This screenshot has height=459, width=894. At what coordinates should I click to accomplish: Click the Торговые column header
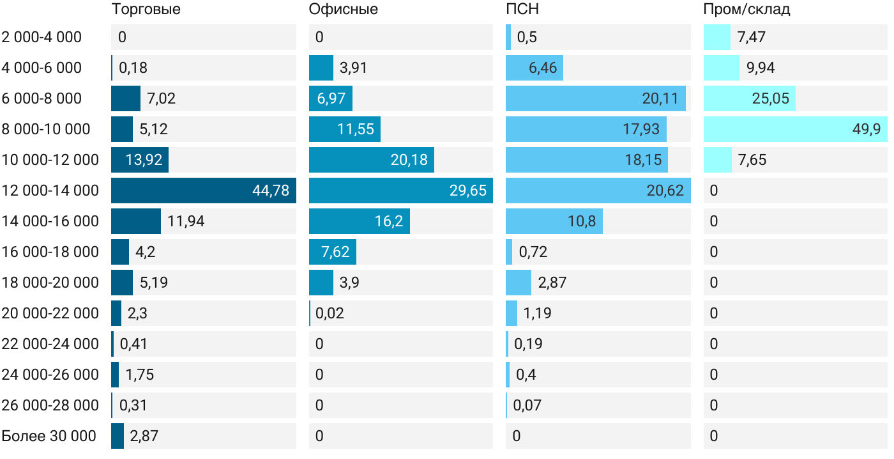point(146,9)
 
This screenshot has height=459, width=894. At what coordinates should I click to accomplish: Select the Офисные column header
point(343,9)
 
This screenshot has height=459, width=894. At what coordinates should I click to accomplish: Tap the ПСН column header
point(518,9)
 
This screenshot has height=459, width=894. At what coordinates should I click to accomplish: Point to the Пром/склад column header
point(746,9)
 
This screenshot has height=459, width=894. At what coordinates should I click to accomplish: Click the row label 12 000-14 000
point(50,191)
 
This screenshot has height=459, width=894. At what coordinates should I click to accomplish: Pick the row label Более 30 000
point(49,436)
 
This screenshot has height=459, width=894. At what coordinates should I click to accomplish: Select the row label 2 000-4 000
point(42,37)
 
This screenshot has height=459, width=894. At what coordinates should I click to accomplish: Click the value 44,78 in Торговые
point(271,191)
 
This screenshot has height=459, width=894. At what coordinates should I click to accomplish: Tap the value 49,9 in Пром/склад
point(867,129)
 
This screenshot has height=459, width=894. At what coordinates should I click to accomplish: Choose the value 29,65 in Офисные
point(467,191)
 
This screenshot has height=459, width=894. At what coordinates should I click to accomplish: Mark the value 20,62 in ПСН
point(665,191)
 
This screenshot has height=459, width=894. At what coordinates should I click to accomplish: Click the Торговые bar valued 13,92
point(140,160)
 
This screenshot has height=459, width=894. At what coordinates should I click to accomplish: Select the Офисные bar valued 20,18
point(372,160)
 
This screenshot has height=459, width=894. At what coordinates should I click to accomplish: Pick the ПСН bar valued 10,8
point(554,221)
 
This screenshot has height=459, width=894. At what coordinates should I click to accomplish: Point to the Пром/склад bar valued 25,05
point(750,98)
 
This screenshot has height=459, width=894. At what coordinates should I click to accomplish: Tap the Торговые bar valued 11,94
point(136,221)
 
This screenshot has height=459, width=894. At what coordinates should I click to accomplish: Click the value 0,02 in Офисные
point(330,313)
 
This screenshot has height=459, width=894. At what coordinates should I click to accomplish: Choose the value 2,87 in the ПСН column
point(552,283)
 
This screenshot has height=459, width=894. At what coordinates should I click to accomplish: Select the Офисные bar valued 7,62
point(333,252)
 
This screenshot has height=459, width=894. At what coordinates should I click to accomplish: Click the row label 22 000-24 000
point(50,344)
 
